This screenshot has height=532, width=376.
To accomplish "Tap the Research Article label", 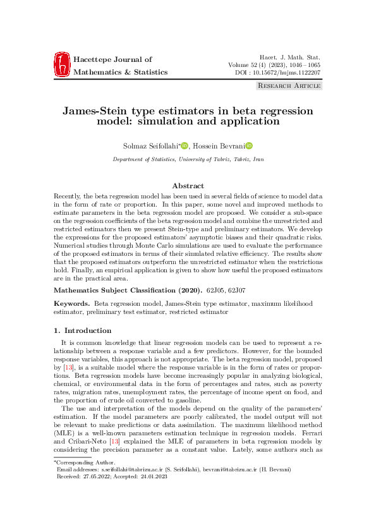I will pyautogui.click(x=288, y=85).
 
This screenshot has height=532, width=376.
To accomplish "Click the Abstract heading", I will pyautogui.click(x=188, y=186).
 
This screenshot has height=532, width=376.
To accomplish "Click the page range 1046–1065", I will pyautogui.click(x=303, y=65).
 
